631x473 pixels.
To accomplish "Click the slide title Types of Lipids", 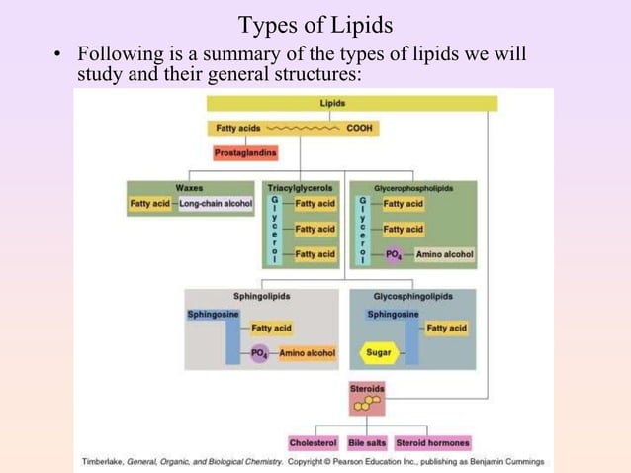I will pyautogui.click(x=315, y=24).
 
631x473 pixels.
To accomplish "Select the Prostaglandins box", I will pyautogui.click(x=245, y=153).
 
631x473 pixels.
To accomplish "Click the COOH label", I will pyautogui.click(x=360, y=128).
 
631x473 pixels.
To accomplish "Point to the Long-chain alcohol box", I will pyautogui.click(x=216, y=204).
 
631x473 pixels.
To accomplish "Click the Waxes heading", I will pyautogui.click(x=190, y=187).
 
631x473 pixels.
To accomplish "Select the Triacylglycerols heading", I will pyautogui.click(x=301, y=187).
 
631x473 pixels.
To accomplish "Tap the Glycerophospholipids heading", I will pyautogui.click(x=412, y=187).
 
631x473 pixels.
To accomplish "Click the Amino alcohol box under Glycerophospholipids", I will pyautogui.click(x=444, y=254).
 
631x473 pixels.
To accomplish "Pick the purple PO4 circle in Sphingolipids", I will pyautogui.click(x=260, y=353).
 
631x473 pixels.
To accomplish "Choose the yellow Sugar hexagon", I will pyautogui.click(x=378, y=352).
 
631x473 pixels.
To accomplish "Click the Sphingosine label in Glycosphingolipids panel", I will pyautogui.click(x=393, y=315).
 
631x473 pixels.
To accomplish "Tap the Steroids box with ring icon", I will pyautogui.click(x=367, y=398).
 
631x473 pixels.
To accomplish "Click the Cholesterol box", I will pyautogui.click(x=314, y=443).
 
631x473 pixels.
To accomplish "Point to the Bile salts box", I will pyautogui.click(x=367, y=443).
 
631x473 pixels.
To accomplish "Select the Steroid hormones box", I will pyautogui.click(x=432, y=443).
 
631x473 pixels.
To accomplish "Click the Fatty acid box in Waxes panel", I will pyautogui.click(x=150, y=204).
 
